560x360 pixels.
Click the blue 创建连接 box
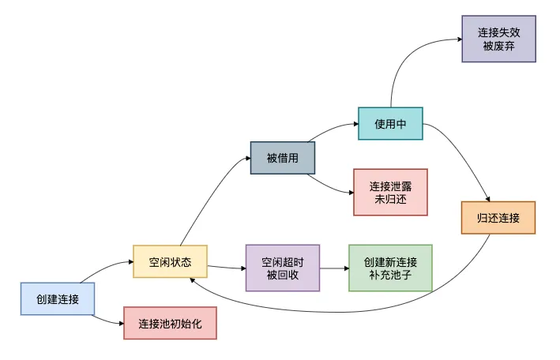[58, 299]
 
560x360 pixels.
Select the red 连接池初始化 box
[170, 324]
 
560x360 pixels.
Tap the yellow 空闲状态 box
[170, 261]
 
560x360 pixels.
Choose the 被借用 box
[283, 158]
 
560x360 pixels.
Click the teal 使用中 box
[390, 123]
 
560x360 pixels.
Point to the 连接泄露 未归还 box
[390, 192]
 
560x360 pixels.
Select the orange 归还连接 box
[498, 217]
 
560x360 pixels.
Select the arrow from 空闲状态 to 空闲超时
[226, 266]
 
